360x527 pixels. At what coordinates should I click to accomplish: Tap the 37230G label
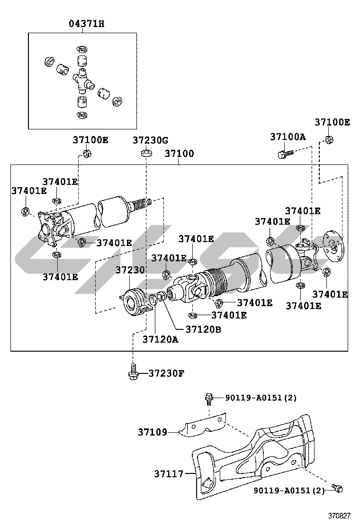click(x=150, y=140)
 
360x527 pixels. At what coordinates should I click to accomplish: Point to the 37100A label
click(x=288, y=136)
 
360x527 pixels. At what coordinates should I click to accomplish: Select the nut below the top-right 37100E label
click(x=328, y=139)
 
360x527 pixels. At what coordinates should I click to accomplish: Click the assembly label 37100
click(x=179, y=154)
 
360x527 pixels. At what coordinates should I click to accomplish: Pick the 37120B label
click(x=203, y=328)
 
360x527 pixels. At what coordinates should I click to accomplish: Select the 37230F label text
click(x=166, y=373)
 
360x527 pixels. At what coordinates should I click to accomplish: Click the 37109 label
click(x=153, y=432)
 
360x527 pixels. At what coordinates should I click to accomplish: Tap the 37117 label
click(x=168, y=473)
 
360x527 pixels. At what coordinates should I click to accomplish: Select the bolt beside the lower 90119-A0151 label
click(x=337, y=488)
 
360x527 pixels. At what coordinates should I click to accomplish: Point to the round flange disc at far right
click(x=333, y=245)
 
